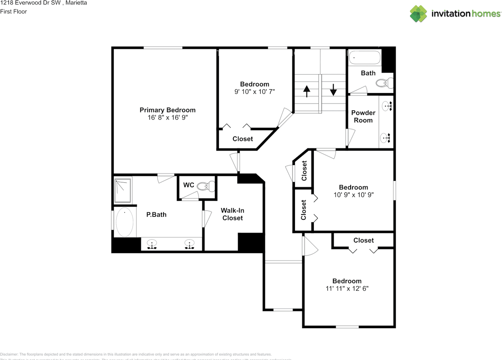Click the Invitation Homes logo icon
pyautogui.click(x=418, y=14)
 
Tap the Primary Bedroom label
pyautogui.click(x=167, y=110)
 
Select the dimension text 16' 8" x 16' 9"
pyautogui.click(x=167, y=118)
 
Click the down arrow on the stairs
pyautogui.click(x=333, y=90)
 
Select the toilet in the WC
pyautogui.click(x=206, y=186)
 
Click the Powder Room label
pyautogui.click(x=363, y=116)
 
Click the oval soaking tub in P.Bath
pyautogui.click(x=125, y=222)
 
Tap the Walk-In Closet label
pyautogui.click(x=233, y=214)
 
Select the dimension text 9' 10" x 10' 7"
pyautogui.click(x=255, y=92)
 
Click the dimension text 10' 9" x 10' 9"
pyautogui.click(x=353, y=195)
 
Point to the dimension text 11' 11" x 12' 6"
pyautogui.click(x=347, y=289)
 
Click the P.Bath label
pyautogui.click(x=156, y=215)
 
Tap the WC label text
pyautogui.click(x=189, y=185)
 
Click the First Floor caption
pyautogui.click(x=13, y=12)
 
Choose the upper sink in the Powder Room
pyautogui.click(x=387, y=105)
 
